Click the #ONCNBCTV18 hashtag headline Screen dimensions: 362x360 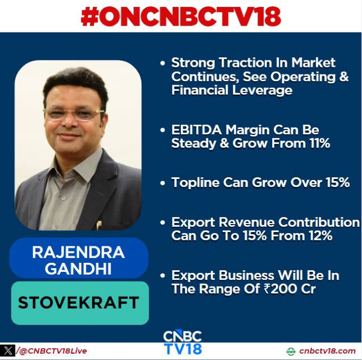pyautogui.click(x=181, y=16)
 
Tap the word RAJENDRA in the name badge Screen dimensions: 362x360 pyautogui.click(x=79, y=252)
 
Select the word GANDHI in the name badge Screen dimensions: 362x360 pyautogui.click(x=78, y=269)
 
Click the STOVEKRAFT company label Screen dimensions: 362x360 pyautogui.click(x=79, y=303)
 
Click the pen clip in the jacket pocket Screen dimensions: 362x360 pyautogui.click(x=98, y=225)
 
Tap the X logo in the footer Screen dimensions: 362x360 pyautogui.click(x=7, y=351)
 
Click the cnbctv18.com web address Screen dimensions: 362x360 pyautogui.click(x=327, y=351)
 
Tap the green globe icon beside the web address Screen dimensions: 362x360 pyautogui.click(x=291, y=351)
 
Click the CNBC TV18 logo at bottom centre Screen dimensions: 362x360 pyautogui.click(x=182, y=342)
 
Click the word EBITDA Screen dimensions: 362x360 pyautogui.click(x=197, y=130)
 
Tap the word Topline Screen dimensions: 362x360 pyautogui.click(x=195, y=183)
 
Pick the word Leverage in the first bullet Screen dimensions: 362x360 pyautogui.click(x=262, y=90)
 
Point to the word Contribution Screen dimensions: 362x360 pyautogui.click(x=319, y=222)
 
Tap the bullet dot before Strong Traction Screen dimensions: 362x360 pyautogui.click(x=163, y=63)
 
